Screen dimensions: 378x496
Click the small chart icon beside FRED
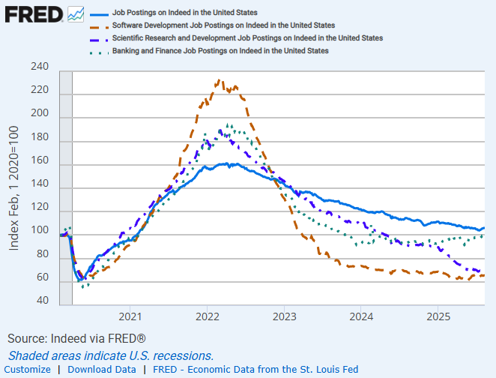click(75, 14)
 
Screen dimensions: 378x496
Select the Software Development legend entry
click(213, 25)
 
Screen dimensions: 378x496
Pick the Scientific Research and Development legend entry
click(247, 37)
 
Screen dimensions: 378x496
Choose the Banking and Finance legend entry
click(220, 50)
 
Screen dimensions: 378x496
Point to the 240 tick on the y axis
click(39, 67)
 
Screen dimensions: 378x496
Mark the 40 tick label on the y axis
click(42, 301)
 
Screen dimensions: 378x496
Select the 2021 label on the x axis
click(130, 317)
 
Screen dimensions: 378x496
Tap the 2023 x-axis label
click(284, 317)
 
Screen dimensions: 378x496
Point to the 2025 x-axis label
click(438, 317)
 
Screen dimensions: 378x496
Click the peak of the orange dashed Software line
click(218, 80)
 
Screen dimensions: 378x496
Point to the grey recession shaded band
click(65, 187)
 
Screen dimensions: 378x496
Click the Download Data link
click(101, 369)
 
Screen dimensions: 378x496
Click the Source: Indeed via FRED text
click(76, 339)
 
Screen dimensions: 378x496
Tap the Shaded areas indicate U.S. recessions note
click(111, 355)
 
